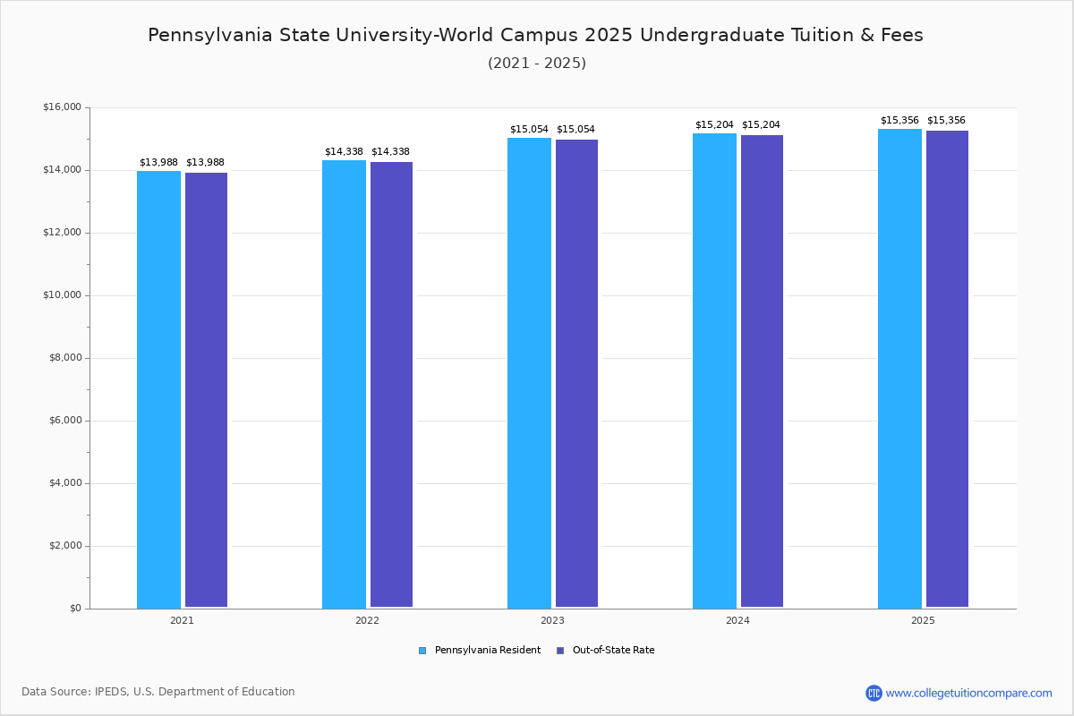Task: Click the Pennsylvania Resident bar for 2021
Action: [x=158, y=389]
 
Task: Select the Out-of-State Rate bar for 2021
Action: [x=206, y=390]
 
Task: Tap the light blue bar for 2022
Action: [x=344, y=384]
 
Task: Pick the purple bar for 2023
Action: [x=576, y=373]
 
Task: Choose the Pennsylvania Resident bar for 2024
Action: [x=714, y=371]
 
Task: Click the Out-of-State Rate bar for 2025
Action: [x=947, y=369]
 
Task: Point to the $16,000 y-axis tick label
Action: [x=62, y=107]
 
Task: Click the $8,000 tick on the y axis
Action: [x=64, y=358]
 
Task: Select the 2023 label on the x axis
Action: [x=552, y=620]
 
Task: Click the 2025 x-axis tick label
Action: [x=923, y=620]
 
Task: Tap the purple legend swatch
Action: [x=560, y=651]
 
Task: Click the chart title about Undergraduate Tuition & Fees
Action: [x=535, y=35]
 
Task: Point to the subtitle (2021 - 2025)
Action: [x=536, y=63]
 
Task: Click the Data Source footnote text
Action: [x=158, y=692]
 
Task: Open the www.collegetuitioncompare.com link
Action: [x=968, y=693]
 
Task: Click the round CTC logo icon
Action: [x=874, y=693]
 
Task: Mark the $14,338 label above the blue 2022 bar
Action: [x=344, y=152]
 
